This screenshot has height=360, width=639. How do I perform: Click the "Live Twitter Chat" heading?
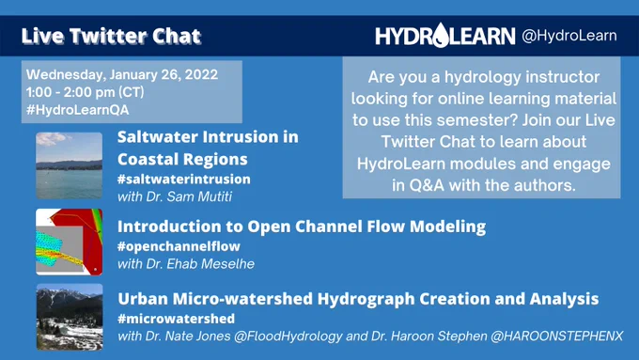pyautogui.click(x=111, y=36)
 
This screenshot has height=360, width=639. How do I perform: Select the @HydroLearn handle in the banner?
pyautogui.click(x=569, y=36)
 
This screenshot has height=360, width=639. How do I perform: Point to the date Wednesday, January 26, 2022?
pyautogui.click(x=122, y=74)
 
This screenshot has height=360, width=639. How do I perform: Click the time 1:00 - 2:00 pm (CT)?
pyautogui.click(x=86, y=92)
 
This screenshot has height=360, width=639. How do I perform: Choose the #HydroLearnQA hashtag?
pyautogui.click(x=77, y=110)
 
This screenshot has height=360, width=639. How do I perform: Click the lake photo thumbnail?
pyautogui.click(x=69, y=165)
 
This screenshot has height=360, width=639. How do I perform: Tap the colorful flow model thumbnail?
pyautogui.click(x=69, y=243)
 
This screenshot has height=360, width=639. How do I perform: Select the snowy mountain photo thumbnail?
pyautogui.click(x=70, y=317)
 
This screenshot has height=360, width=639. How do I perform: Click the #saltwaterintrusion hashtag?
pyautogui.click(x=184, y=180)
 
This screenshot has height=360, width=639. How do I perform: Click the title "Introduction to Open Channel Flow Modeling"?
pyautogui.click(x=302, y=227)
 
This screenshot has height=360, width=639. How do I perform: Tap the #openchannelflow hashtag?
pyautogui.click(x=179, y=246)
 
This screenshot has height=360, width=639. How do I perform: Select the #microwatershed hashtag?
pyautogui.click(x=176, y=319)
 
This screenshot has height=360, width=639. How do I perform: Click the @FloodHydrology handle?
pyautogui.click(x=288, y=337)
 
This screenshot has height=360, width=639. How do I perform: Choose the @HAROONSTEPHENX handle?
pyautogui.click(x=557, y=337)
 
